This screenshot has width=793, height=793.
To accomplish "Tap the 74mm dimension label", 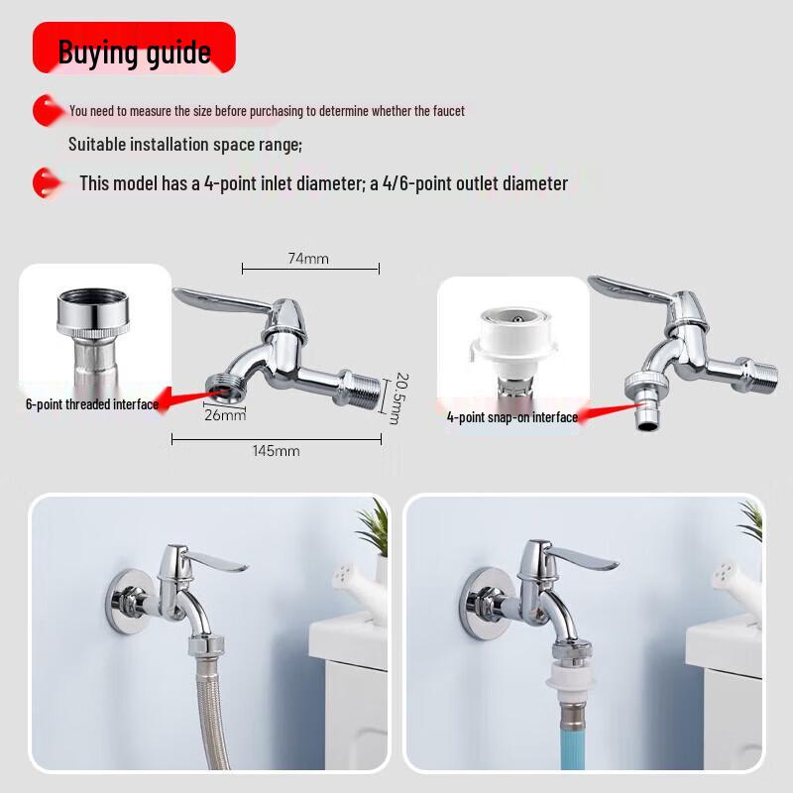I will [308, 259].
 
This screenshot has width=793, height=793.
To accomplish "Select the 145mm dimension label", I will [277, 451].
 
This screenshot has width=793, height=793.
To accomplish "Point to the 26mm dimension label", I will [225, 415].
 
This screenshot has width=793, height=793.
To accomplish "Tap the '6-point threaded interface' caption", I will [92, 404].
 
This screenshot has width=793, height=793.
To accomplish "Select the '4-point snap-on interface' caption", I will [511, 417].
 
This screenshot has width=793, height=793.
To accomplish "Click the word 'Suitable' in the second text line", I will [96, 145].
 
